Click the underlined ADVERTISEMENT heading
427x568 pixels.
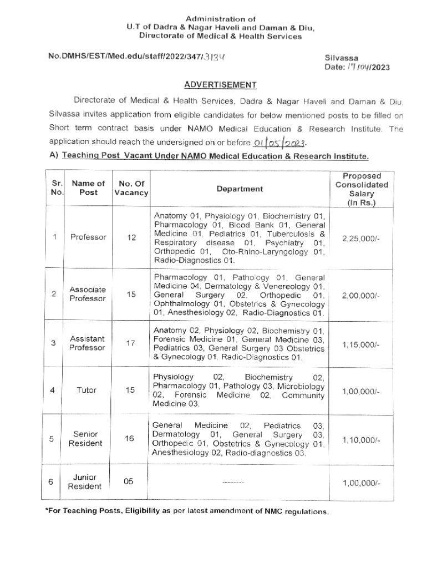coord(220,85)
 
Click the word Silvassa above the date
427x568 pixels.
coord(341,58)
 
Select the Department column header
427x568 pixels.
coord(240,189)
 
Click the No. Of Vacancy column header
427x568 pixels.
coord(131,188)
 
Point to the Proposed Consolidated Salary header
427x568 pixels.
coord(362,189)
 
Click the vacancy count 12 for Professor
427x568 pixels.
coord(131,237)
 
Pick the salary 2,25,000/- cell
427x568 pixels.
coord(361,238)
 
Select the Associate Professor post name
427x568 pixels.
coord(88,294)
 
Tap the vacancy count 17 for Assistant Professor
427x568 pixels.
coord(131,343)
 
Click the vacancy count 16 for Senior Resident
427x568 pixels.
coord(129,439)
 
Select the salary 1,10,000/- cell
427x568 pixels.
coord(361,440)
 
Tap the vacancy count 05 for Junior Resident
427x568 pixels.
coord(129,481)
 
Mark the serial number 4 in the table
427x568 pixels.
coord(52,390)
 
